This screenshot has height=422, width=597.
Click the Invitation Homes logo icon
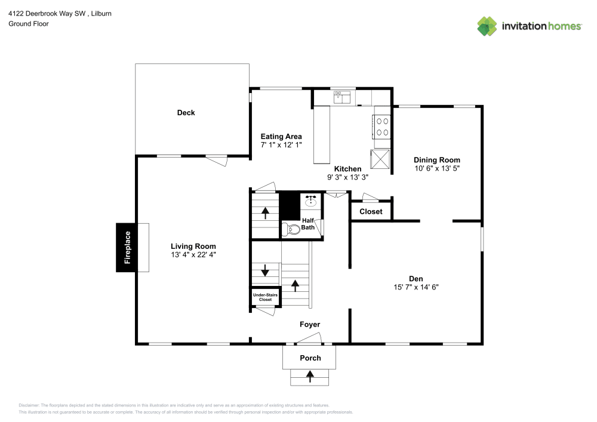tap(487, 26)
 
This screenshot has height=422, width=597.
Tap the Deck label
tap(186, 113)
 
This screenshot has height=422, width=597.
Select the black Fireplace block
tap(127, 247)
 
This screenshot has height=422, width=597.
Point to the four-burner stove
tap(382, 126)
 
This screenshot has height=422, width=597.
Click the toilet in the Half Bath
tap(292, 229)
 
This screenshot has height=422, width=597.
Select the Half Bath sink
tap(310, 201)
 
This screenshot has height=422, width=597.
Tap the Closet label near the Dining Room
tap(371, 212)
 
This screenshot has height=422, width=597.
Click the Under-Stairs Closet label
tap(264, 297)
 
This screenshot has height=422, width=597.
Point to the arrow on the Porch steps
tap(310, 376)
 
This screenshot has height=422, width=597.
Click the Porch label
tap(310, 358)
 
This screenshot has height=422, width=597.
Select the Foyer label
tap(310, 325)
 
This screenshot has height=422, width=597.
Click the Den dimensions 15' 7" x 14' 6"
tap(416, 288)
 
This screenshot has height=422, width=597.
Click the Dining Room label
tap(437, 160)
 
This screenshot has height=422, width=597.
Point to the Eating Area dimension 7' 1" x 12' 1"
tap(281, 145)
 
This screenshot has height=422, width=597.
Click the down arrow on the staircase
tap(265, 270)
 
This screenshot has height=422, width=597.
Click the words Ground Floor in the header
tap(29, 24)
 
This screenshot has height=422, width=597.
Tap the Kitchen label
tap(347, 169)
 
